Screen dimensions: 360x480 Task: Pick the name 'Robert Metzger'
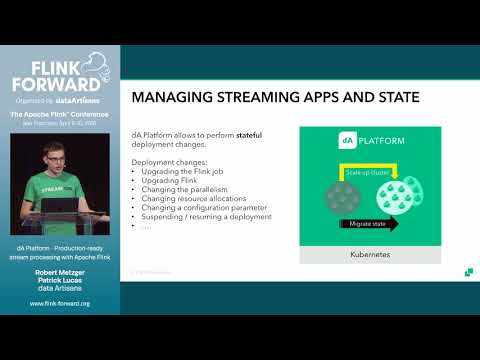click(60, 271)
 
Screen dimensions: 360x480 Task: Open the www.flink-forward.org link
click(60, 304)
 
